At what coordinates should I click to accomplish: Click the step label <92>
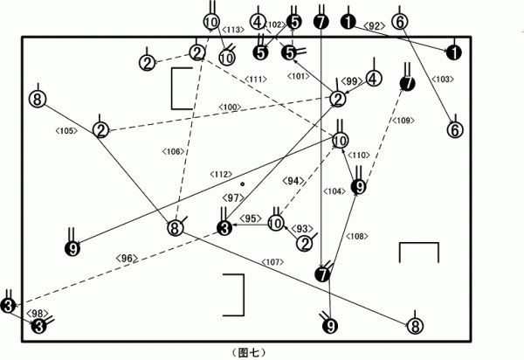(x=374, y=26)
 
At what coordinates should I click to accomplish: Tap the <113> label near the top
(x=233, y=30)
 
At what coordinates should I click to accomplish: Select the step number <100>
(x=230, y=107)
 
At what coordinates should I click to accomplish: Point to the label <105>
(x=67, y=131)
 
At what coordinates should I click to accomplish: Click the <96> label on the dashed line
(x=127, y=258)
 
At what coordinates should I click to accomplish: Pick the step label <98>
(x=38, y=314)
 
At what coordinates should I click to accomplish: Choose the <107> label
(x=273, y=262)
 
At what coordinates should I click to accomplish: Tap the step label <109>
(x=403, y=121)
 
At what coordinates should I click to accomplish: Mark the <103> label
(x=443, y=80)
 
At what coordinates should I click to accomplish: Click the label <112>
(x=221, y=174)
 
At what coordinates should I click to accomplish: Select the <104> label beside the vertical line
(x=334, y=191)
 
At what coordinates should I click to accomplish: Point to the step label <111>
(x=256, y=80)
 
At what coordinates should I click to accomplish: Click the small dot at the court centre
(x=243, y=183)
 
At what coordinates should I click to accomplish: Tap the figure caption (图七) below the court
(x=249, y=353)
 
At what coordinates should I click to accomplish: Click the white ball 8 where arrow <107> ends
(x=416, y=326)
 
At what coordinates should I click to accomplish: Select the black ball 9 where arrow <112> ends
(x=72, y=248)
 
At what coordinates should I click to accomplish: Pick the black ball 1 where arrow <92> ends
(x=454, y=52)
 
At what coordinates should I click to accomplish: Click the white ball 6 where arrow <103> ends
(x=455, y=130)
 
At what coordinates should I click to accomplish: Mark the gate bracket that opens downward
(x=418, y=243)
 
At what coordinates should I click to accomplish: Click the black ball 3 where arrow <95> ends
(x=224, y=228)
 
